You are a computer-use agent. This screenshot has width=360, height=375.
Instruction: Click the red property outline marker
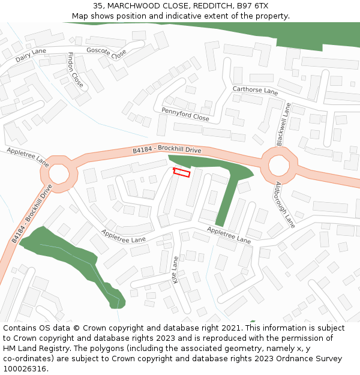pyautogui.click(x=182, y=173)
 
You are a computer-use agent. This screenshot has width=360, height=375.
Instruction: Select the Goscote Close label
pyautogui.click(x=106, y=53)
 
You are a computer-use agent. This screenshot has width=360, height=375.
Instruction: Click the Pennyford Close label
pyautogui.click(x=185, y=115)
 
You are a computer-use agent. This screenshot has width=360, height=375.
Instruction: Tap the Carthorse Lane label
pyautogui.click(x=255, y=91)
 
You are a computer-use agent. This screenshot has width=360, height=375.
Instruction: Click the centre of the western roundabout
pyautogui.click(x=59, y=174)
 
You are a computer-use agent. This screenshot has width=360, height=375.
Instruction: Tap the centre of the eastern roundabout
pyautogui.click(x=279, y=165)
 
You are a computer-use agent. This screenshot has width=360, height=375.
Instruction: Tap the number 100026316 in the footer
pyautogui.click(x=25, y=368)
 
